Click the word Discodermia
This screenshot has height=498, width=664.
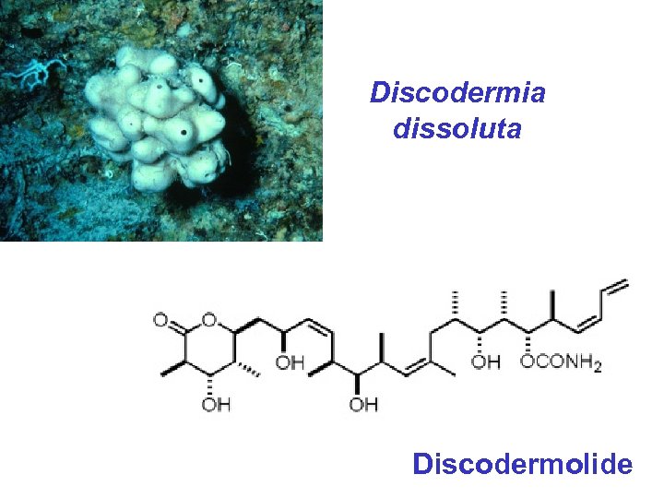click(x=457, y=93)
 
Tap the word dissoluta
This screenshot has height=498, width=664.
click(x=457, y=128)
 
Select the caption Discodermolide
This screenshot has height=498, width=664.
click(x=523, y=463)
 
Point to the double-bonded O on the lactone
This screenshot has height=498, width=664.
click(x=160, y=321)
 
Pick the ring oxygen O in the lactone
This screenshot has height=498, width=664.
click(x=209, y=321)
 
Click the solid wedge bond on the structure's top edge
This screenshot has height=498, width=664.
click(x=553, y=304)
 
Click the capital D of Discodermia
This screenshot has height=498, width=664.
click(x=378, y=93)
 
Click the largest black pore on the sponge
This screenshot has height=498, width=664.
click(x=187, y=132)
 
